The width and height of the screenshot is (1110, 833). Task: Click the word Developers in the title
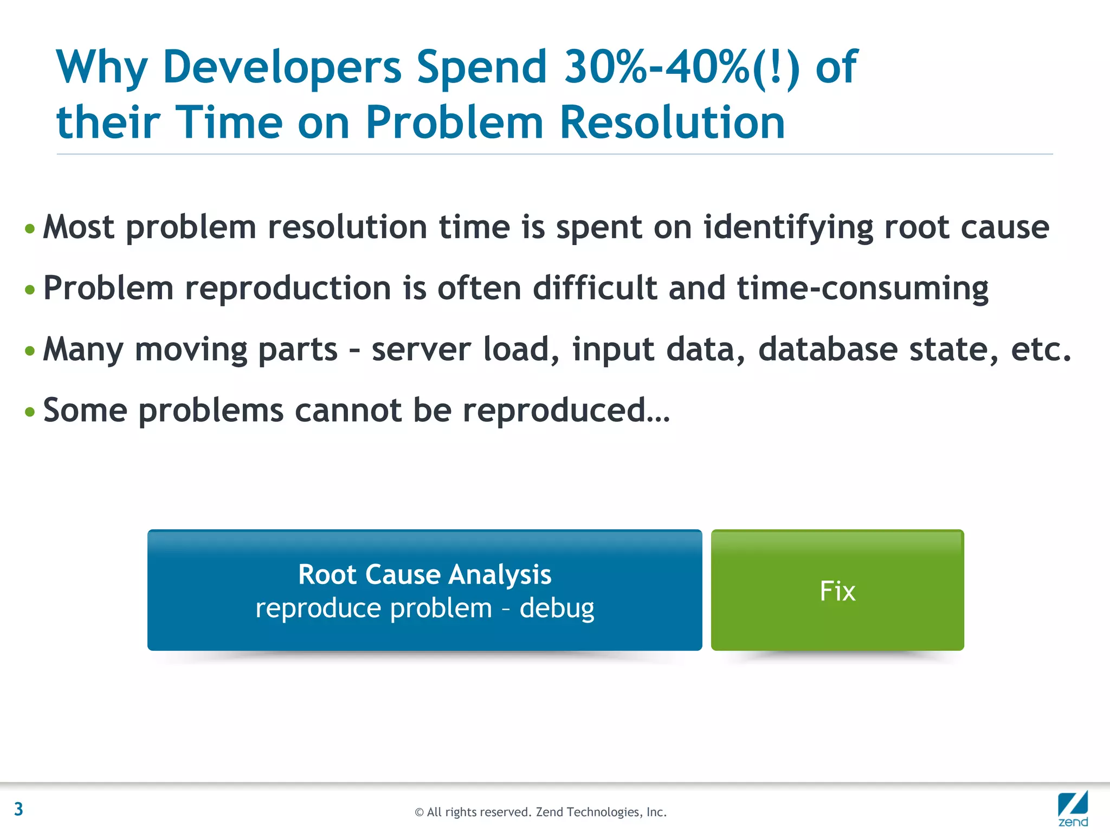click(282, 68)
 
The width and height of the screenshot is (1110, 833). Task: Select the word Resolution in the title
click(672, 123)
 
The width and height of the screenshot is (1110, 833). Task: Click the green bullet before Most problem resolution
click(30, 228)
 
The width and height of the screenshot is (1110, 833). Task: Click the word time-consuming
click(862, 289)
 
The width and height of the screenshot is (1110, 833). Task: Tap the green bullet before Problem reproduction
click(30, 290)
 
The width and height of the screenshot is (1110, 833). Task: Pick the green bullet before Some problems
click(30, 412)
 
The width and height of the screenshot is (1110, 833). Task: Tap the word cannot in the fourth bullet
click(347, 411)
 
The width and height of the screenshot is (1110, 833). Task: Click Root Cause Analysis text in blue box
click(424, 575)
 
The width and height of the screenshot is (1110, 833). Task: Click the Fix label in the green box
click(837, 591)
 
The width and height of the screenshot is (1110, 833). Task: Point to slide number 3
click(18, 809)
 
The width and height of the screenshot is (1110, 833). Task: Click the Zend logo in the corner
click(1073, 809)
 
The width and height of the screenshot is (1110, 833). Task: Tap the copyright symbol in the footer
click(419, 812)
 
